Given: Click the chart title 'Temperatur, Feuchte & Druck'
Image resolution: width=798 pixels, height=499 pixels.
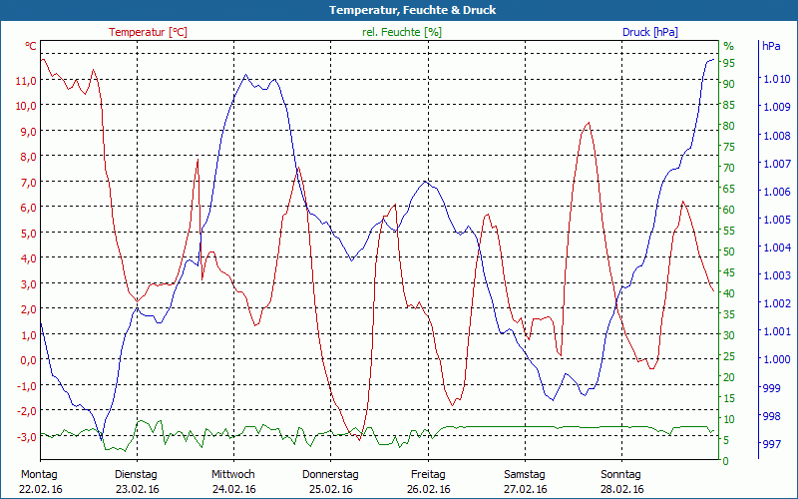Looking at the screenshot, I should point(399,10).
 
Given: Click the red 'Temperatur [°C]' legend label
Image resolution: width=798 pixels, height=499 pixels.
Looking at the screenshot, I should point(148,32).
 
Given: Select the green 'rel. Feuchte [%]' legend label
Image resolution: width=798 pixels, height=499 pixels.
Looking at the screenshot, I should point(402,32).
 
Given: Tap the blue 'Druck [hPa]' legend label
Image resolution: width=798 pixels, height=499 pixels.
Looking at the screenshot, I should point(650,32).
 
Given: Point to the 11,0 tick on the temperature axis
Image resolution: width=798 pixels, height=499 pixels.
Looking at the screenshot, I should point(26,80).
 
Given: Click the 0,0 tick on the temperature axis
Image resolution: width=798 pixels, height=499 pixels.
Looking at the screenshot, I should point(26,360).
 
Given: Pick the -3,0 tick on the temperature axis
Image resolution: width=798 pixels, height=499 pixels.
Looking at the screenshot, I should point(26,437).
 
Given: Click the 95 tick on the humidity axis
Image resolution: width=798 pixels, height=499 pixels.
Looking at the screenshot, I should point(729,63).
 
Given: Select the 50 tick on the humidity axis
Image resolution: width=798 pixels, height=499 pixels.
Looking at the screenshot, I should point(729,251).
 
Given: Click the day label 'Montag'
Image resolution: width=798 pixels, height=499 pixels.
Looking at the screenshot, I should point(39,474).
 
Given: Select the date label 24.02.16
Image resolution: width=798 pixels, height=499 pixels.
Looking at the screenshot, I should point(233,489).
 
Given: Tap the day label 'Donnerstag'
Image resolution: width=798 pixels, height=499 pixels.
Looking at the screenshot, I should point(330,474).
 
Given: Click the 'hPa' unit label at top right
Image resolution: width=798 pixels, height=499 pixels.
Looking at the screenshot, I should point(771,46).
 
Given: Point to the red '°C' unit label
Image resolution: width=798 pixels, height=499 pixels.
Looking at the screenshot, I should point(31,46).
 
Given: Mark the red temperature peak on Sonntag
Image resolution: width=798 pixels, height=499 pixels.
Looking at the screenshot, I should point(589,123).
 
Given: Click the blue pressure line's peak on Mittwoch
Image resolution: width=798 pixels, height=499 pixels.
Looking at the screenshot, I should point(245,75).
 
